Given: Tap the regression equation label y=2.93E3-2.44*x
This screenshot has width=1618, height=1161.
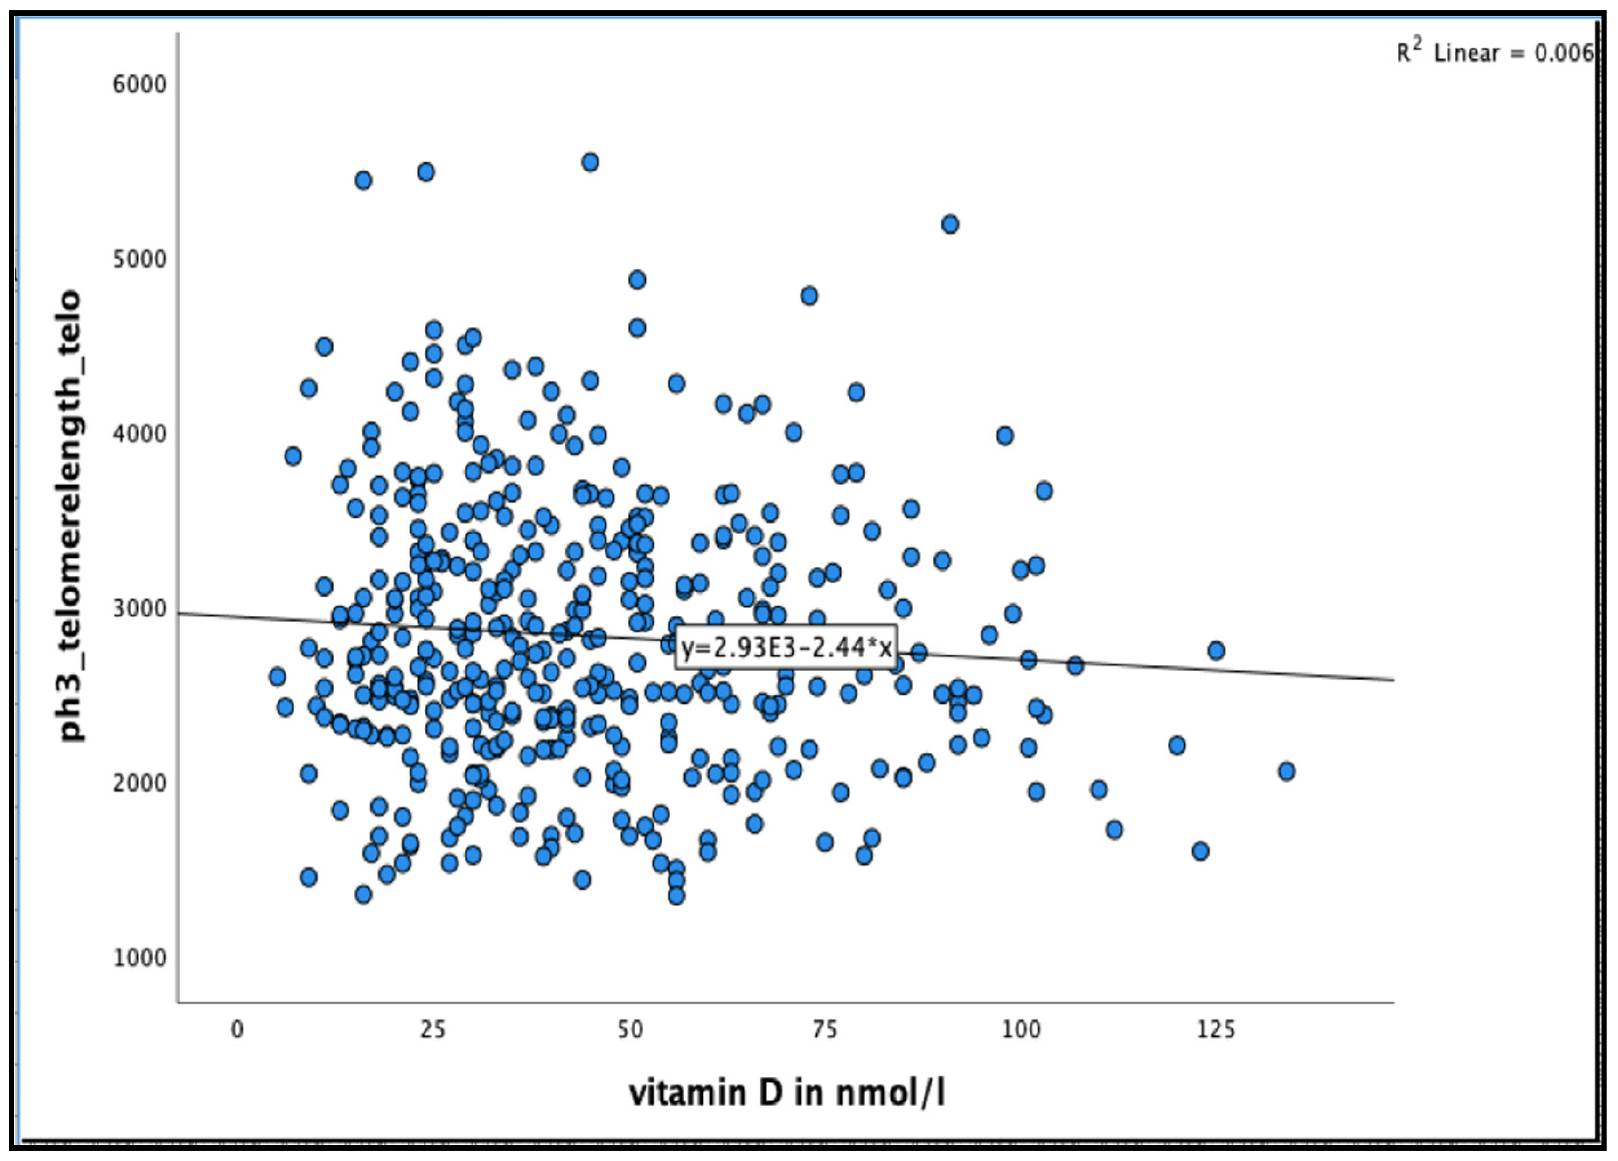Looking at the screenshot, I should click(x=786, y=647).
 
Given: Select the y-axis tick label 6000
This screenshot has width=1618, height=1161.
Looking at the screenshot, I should click(x=139, y=84).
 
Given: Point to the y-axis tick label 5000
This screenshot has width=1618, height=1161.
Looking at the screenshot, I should click(x=139, y=259).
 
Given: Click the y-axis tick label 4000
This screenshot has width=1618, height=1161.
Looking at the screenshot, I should click(x=139, y=434).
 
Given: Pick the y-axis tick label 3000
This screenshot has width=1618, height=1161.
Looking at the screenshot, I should click(x=139, y=609).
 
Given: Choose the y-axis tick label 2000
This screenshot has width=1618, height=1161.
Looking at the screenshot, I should click(x=139, y=783).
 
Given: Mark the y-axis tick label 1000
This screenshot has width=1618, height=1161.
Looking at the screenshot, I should click(x=139, y=958).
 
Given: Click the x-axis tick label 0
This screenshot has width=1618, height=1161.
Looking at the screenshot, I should click(x=237, y=1030).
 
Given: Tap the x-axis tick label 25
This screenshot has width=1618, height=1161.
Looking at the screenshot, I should click(x=432, y=1030).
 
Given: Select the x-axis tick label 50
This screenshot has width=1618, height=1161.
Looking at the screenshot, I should click(x=628, y=1030).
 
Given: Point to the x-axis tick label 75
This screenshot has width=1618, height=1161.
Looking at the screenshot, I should click(x=825, y=1030).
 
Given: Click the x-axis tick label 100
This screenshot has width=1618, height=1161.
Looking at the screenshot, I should click(x=1021, y=1030).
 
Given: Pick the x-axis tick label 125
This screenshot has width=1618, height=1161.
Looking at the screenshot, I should click(x=1216, y=1030).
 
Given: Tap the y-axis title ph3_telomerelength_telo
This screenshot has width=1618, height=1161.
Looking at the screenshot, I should click(x=70, y=515).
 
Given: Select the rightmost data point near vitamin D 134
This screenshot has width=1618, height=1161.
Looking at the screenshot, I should click(x=1286, y=771).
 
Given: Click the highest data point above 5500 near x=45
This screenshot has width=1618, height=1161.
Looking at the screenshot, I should click(x=590, y=162).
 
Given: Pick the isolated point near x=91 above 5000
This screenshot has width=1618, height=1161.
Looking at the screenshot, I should click(x=950, y=225).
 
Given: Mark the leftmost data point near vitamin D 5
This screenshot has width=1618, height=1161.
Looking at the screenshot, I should click(x=277, y=677).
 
